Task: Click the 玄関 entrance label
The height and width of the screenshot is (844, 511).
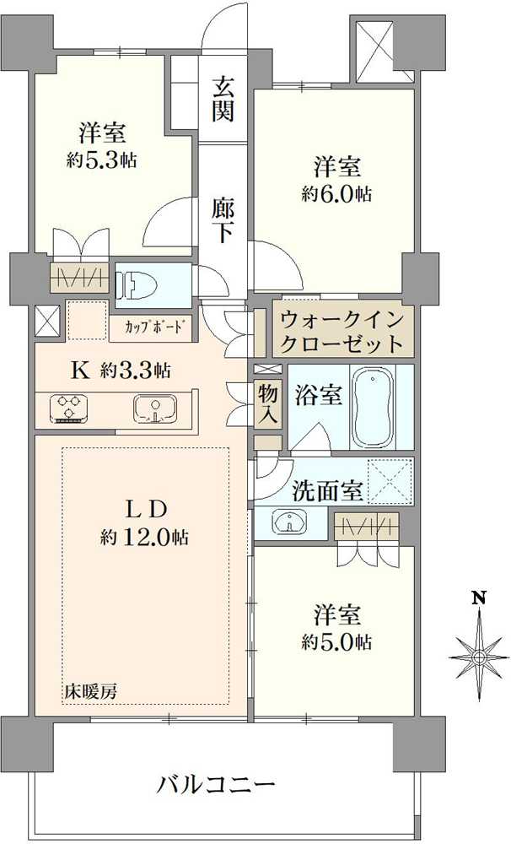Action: pyautogui.click(x=223, y=99)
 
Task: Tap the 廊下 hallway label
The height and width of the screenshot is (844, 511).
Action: pyautogui.click(x=223, y=220)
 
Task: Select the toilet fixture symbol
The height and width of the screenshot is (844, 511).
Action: pyautogui.click(x=135, y=285)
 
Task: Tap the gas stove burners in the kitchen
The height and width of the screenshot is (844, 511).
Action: pyautogui.click(x=68, y=408)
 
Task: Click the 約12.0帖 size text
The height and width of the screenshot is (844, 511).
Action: pyautogui.click(x=144, y=537)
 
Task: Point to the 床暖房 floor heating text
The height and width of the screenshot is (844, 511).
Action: pyautogui.click(x=91, y=690)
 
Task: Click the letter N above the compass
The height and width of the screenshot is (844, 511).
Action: pyautogui.click(x=479, y=598)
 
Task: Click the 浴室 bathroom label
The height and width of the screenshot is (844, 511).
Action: pyautogui.click(x=319, y=395)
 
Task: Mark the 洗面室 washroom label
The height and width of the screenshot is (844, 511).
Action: pyautogui.click(x=328, y=491)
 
